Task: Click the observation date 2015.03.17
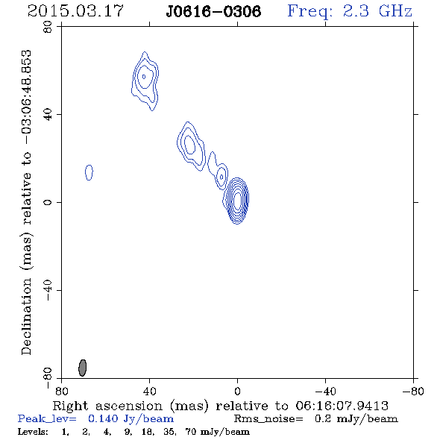click(x=75, y=11)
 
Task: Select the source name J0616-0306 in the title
click(x=213, y=12)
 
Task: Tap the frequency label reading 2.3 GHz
click(x=377, y=11)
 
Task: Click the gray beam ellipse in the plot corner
click(x=82, y=368)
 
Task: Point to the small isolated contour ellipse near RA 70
click(x=89, y=172)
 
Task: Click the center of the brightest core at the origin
click(x=237, y=200)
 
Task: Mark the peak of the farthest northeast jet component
click(x=144, y=76)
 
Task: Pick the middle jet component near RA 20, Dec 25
click(x=190, y=145)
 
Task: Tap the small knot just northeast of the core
click(x=221, y=177)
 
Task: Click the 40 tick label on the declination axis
click(x=48, y=114)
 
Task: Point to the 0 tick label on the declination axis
click(x=48, y=202)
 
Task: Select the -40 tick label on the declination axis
click(x=48, y=290)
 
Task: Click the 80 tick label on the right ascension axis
click(x=61, y=392)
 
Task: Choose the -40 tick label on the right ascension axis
click(x=325, y=392)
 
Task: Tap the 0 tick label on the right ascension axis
click(x=237, y=392)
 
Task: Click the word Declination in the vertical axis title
click(x=26, y=316)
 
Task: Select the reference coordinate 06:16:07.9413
click(x=342, y=406)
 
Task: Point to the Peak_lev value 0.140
click(x=103, y=418)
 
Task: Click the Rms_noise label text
click(x=268, y=419)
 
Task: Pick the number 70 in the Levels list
click(x=191, y=431)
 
